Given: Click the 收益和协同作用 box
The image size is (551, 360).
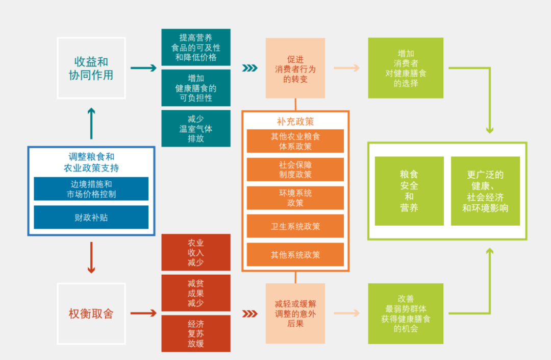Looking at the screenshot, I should point(91,68).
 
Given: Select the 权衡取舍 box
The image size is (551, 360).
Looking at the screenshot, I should point(91,313).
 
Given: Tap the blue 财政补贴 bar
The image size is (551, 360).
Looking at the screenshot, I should point(91,218).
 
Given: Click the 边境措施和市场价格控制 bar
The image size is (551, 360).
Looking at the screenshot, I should point(91,189).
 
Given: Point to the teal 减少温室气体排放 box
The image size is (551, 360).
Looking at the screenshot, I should point(196,129).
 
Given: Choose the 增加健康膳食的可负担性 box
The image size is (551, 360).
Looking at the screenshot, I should point(196,88).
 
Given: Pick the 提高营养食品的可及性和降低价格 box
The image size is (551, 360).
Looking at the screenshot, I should point(196,47).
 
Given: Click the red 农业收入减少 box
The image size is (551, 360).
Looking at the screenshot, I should point(196,252).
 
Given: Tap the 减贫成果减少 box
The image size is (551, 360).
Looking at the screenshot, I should point(196,293).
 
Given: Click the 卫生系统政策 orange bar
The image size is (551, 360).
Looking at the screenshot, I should point(295,226).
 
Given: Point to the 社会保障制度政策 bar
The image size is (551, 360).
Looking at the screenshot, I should point(295,170).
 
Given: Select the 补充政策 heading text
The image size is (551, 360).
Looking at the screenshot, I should point(295,121).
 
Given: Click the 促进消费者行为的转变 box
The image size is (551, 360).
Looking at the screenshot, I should point(295,68).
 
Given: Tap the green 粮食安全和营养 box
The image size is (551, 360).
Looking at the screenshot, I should point(409,191).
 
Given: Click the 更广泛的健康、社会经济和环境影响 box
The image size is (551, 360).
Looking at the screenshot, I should point(485,191).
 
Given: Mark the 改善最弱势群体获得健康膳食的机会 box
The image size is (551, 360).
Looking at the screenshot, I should point(406,314).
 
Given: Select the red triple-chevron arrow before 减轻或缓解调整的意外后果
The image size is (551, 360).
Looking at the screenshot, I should point(249,314).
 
